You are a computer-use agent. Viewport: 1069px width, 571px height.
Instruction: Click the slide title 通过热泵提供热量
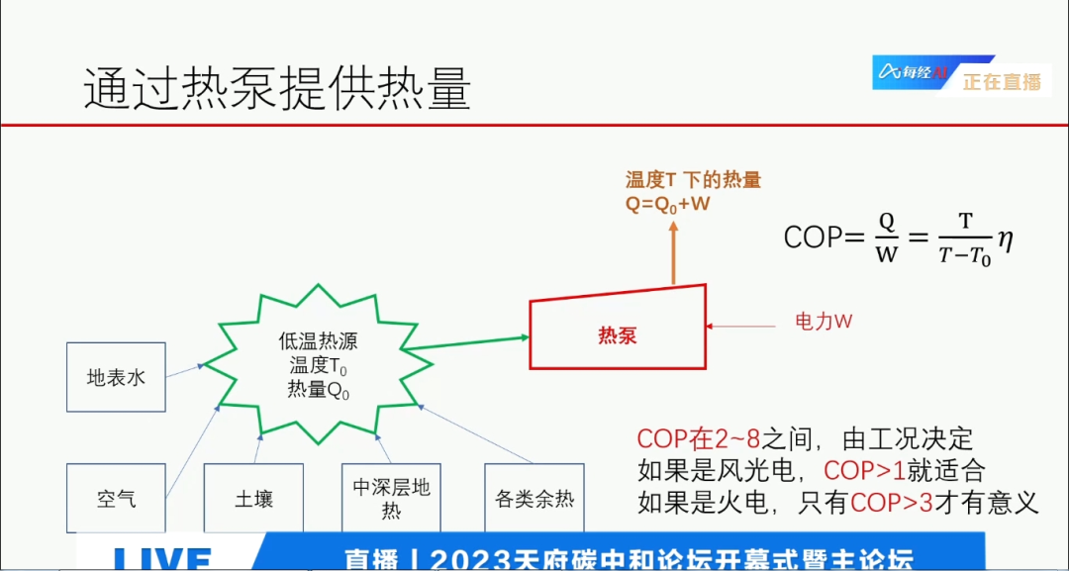[277, 90]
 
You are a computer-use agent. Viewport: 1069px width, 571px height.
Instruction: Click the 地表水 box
[116, 377]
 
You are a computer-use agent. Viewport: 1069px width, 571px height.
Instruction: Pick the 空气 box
[116, 498]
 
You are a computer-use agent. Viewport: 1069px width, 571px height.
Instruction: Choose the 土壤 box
[253, 498]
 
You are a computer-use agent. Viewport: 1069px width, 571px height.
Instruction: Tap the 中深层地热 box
[391, 498]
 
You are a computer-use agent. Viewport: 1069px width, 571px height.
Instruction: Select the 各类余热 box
[534, 498]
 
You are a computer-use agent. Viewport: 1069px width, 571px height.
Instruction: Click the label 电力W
[824, 322]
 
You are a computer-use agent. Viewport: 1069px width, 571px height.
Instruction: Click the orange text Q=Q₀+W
[668, 204]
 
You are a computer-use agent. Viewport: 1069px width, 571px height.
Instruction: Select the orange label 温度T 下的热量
[693, 180]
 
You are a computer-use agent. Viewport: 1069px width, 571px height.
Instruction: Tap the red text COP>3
[891, 503]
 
